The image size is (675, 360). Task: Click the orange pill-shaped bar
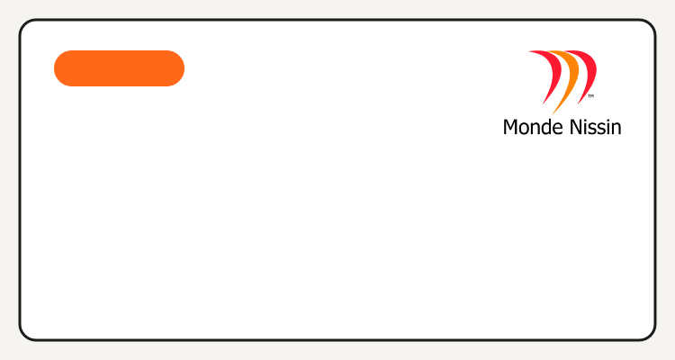[x=119, y=68]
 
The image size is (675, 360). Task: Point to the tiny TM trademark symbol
[x=591, y=96]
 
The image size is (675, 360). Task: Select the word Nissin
[x=596, y=127]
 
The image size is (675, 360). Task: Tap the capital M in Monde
[x=510, y=128]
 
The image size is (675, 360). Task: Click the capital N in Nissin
[x=576, y=128]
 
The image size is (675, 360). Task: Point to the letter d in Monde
[x=545, y=127]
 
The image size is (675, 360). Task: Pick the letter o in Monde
[x=524, y=130]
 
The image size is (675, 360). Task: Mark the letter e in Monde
[x=558, y=130]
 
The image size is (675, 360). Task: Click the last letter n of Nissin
[x=616, y=130]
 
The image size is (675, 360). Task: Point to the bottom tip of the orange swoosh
[x=552, y=115]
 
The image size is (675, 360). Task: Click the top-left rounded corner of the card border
[x=24, y=24]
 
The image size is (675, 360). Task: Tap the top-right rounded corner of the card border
[x=651, y=24]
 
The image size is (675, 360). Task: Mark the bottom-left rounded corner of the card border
[x=24, y=336]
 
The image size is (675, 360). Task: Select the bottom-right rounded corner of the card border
[x=651, y=336]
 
